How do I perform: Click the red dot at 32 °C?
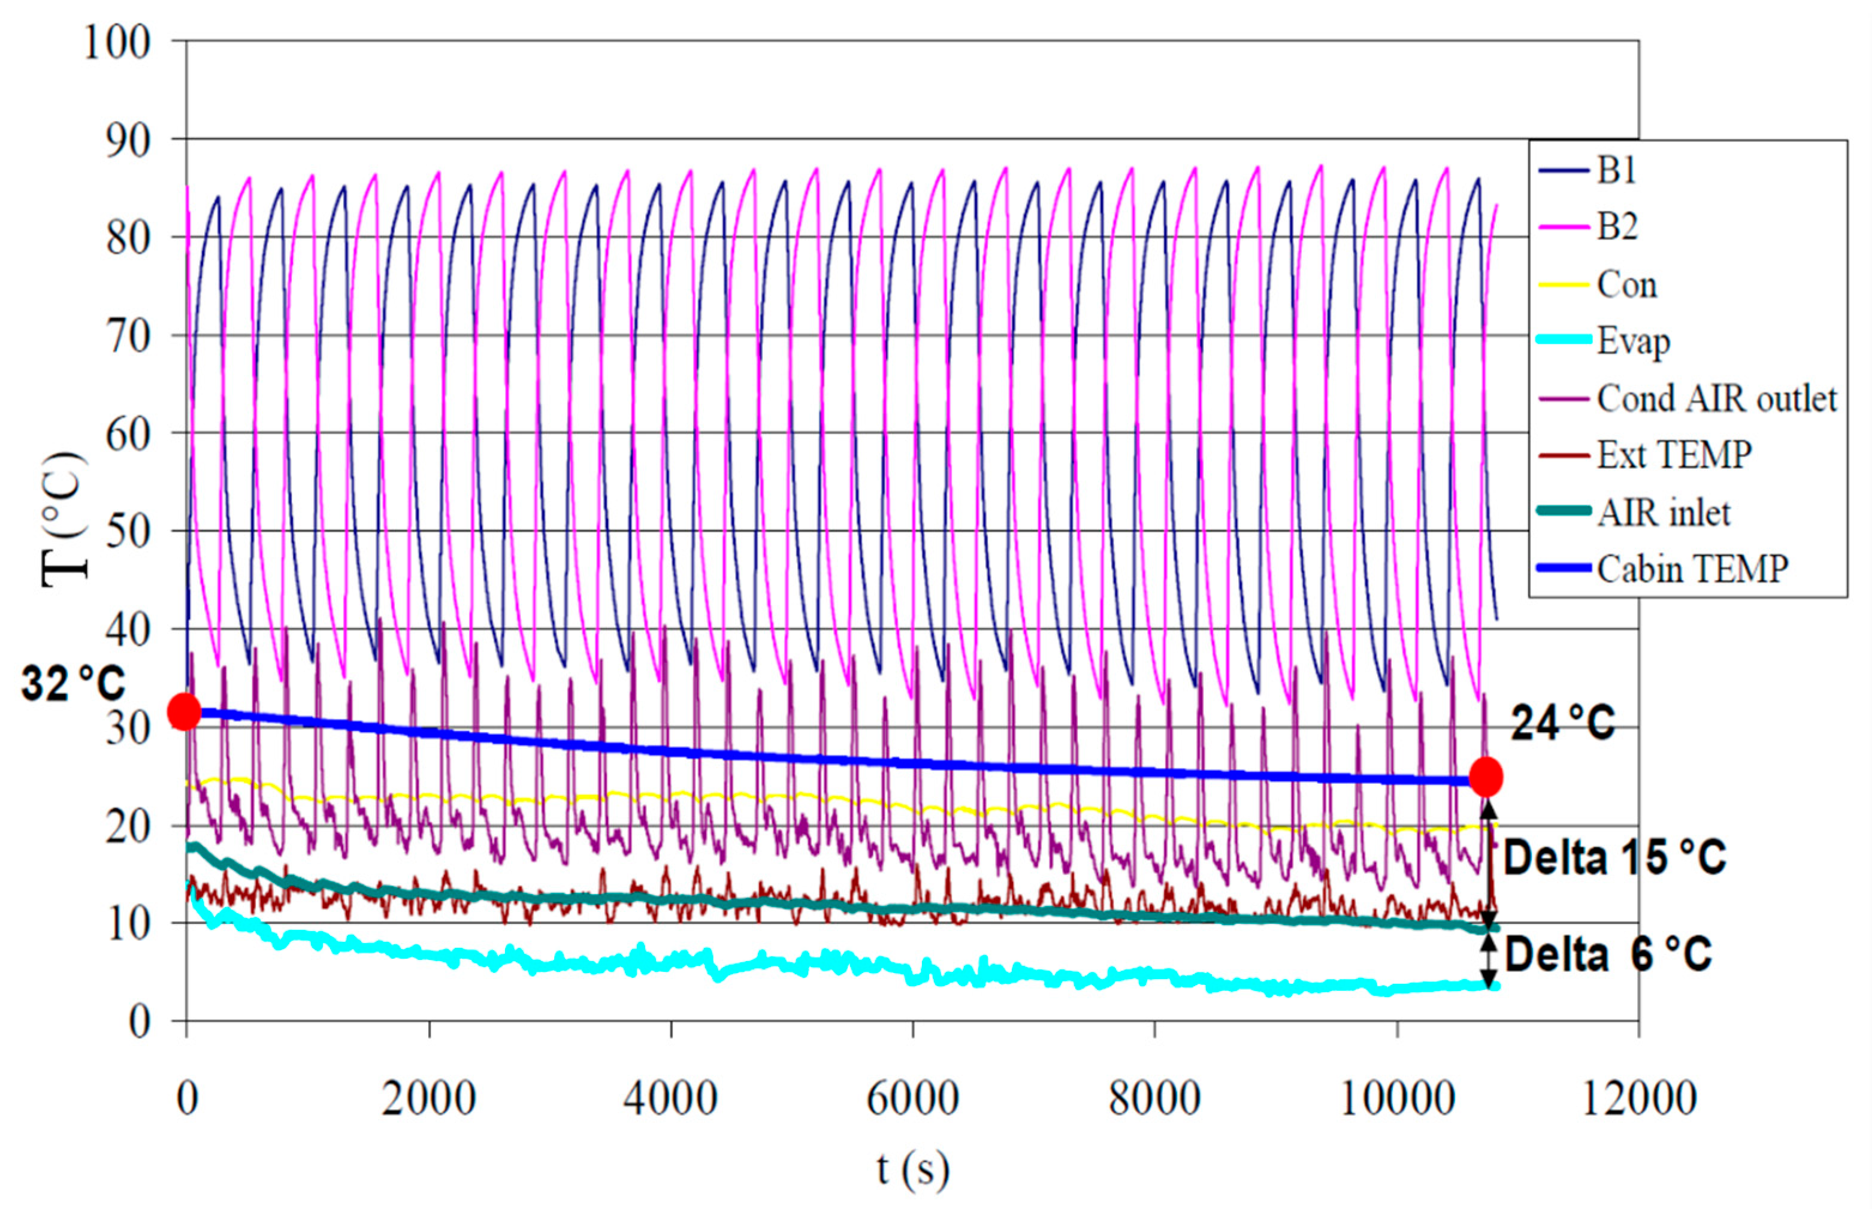185,711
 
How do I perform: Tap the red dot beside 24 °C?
1486,777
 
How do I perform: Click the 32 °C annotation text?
73,683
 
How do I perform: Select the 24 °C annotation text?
1563,723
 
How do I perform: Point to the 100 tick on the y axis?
117,43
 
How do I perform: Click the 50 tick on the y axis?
128,532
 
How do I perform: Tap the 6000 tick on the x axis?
912,1098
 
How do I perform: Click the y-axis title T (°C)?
64,518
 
